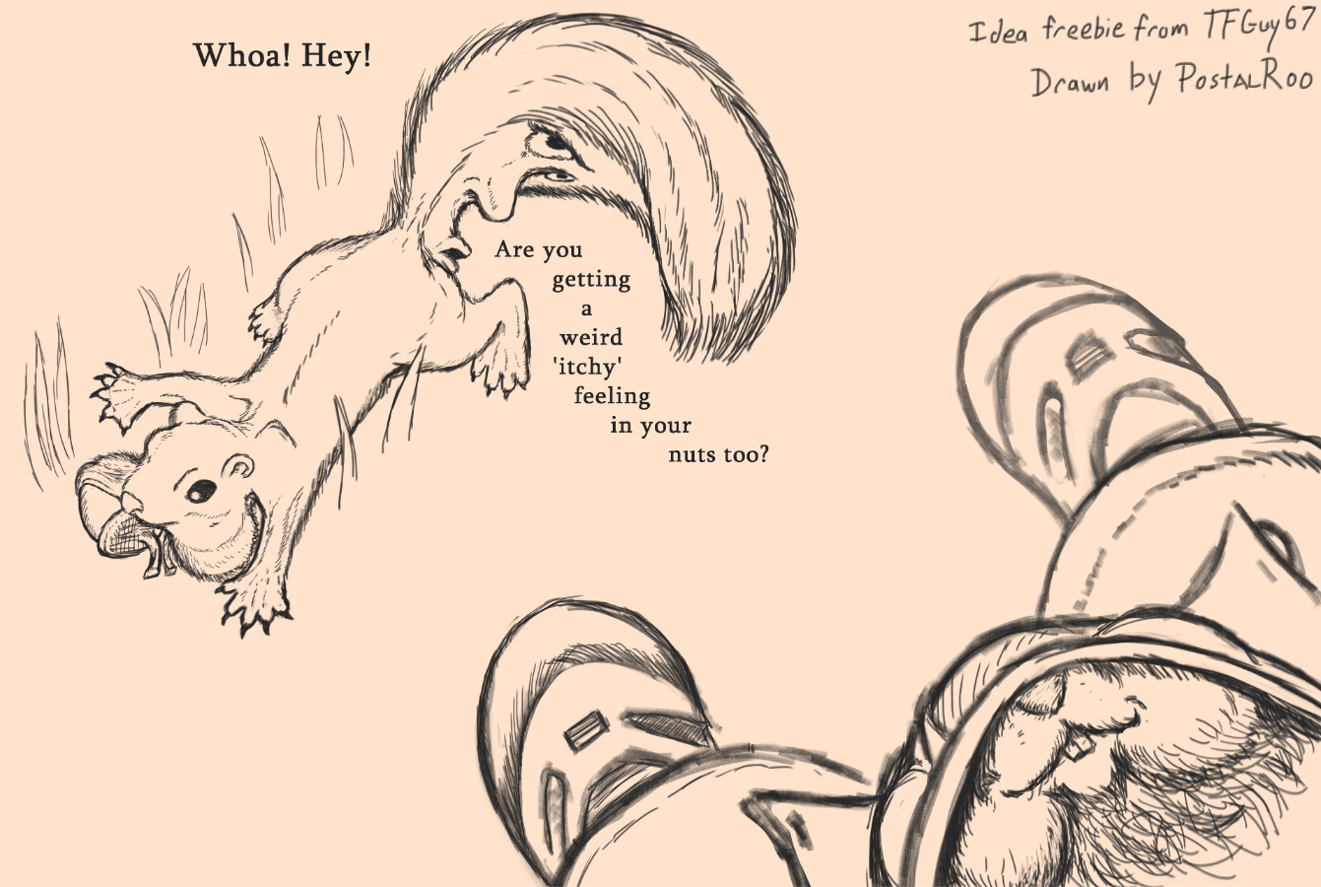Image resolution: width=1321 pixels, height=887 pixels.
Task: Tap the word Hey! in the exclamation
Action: pyautogui.click(x=337, y=57)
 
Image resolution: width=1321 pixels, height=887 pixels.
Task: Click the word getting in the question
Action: pyautogui.click(x=591, y=280)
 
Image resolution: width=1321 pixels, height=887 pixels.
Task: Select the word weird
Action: pyautogui.click(x=591, y=338)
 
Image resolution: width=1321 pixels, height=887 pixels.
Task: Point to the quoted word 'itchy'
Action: pyautogui.click(x=588, y=367)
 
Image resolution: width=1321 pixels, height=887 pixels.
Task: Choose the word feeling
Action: pyautogui.click(x=612, y=396)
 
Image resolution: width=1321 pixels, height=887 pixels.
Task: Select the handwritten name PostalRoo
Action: pyautogui.click(x=1244, y=80)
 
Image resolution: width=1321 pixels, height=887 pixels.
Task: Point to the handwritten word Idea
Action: pyautogui.click(x=999, y=33)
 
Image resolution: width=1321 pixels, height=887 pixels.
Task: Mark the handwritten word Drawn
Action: pyautogui.click(x=1071, y=84)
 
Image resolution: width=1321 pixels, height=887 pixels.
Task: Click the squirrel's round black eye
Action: pyautogui.click(x=201, y=491)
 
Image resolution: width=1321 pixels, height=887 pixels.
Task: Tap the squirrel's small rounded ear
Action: pyautogui.click(x=238, y=467)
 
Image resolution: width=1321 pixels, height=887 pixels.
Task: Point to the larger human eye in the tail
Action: pyautogui.click(x=555, y=141)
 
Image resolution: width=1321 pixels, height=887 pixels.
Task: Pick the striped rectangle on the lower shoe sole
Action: pyautogui.click(x=586, y=732)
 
